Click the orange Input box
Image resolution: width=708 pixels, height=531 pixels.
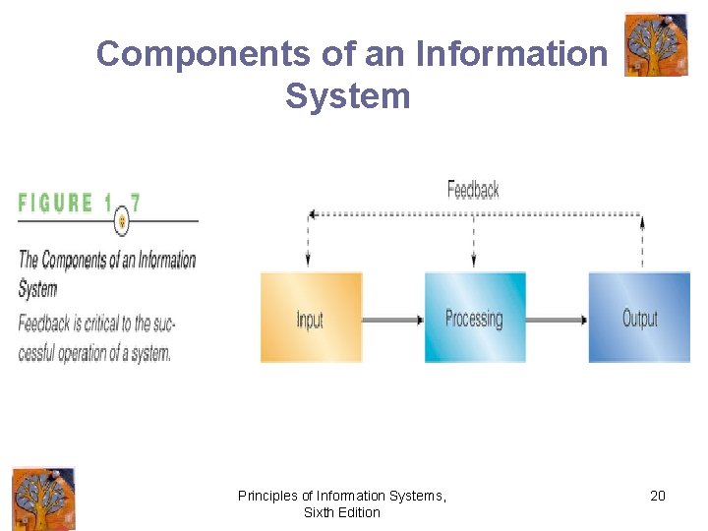311,318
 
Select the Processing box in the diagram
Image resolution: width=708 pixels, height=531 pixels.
475,318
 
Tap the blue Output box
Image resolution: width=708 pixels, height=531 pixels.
639,318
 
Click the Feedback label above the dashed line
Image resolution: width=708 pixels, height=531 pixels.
473,189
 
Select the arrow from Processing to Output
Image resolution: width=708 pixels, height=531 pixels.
557,320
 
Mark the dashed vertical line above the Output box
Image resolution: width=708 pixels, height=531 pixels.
642,242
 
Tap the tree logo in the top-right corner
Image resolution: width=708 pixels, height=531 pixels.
656,44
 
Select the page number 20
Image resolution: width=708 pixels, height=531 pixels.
658,496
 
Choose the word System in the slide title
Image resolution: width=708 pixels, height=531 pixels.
347,96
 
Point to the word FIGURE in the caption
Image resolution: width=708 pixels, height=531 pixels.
56,203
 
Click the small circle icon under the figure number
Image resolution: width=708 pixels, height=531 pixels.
122,221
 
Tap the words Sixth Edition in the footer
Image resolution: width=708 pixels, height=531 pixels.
341,512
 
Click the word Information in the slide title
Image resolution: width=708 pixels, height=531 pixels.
512,54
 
